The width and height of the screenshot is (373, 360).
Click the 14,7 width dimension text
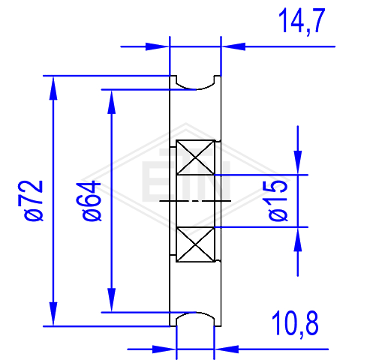click(302, 21)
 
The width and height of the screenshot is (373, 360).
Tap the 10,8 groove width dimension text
click(295, 324)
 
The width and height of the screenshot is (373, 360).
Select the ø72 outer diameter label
click(31, 201)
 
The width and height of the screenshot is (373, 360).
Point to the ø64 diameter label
click(89, 201)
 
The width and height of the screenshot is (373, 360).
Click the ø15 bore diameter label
click(275, 200)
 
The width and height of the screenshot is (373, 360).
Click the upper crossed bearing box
click(195, 157)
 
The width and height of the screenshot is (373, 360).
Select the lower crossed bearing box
click(195, 244)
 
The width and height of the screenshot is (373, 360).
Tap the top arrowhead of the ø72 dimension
click(53, 88)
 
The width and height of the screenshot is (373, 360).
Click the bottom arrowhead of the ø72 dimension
click(53, 313)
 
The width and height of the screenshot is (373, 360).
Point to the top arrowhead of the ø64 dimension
click(111, 102)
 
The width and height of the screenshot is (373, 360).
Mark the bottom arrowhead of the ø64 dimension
click(111, 300)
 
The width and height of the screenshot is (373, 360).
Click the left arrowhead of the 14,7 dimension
click(157, 46)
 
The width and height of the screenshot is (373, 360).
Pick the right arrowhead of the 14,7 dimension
click(233, 46)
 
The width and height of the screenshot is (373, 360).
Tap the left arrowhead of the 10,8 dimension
click(164, 349)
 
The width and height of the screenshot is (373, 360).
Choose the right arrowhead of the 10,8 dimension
click(227, 349)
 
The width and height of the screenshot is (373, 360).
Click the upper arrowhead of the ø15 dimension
click(298, 162)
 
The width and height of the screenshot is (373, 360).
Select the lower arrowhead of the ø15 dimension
click(298, 239)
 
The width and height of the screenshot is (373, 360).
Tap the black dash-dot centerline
click(195, 200)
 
